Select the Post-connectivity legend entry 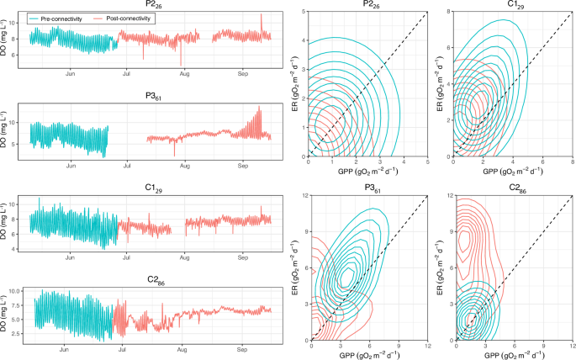tap(122, 18)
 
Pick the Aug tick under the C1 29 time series tap(183, 258)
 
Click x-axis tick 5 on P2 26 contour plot tap(427, 161)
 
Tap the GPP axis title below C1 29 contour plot tap(513, 172)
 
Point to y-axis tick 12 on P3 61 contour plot tap(306, 196)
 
